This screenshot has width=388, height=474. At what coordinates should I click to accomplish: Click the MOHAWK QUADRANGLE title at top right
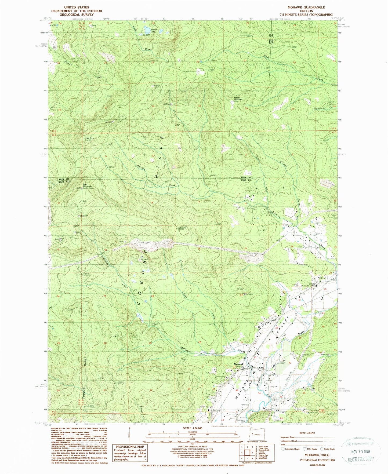tap(306, 7)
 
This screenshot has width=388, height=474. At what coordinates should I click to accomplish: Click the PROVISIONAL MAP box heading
tap(130, 447)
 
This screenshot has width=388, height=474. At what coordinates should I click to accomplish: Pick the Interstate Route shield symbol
tap(282, 449)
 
